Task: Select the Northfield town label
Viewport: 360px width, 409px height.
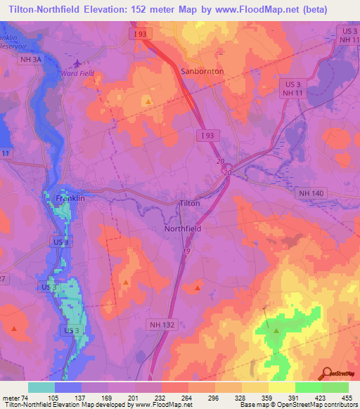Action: [183, 229]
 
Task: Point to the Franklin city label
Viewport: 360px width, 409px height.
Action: [70, 199]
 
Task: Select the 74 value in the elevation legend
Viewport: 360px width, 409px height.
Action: [28, 397]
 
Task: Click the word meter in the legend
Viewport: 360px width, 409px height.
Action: [11, 397]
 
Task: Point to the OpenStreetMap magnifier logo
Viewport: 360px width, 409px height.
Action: [326, 375]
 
